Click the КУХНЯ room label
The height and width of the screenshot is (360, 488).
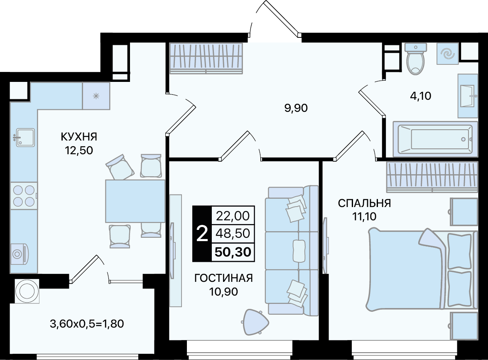coord(79,136)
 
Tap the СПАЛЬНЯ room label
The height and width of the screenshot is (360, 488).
coord(364,203)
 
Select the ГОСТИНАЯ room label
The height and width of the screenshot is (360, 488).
coord(223,278)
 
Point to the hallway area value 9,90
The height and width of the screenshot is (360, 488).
coord(296,108)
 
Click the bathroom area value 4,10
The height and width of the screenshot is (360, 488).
coord(420,96)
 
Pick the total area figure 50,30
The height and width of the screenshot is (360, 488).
coord(233,252)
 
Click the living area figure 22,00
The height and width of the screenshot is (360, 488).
coord(233,215)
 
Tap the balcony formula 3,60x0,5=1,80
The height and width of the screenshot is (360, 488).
coord(87,324)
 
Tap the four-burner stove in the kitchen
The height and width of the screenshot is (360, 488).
coord(24,196)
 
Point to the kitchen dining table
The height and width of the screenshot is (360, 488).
coord(135,201)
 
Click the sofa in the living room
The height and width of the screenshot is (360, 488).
coord(292,251)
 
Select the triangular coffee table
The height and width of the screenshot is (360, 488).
coord(255,322)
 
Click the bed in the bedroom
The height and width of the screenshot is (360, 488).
coord(423,270)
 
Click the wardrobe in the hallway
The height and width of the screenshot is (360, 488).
coord(206,58)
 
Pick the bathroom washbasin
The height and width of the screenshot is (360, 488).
coord(468,96)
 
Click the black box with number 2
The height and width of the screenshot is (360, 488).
coord(202,234)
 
